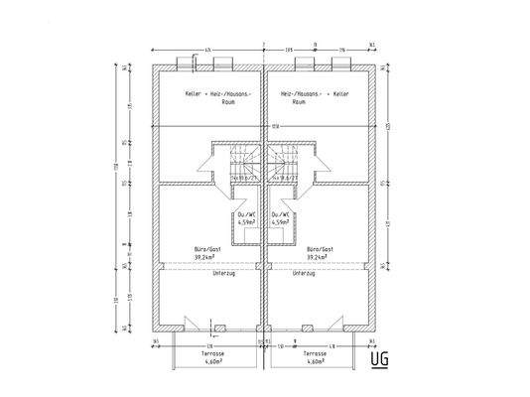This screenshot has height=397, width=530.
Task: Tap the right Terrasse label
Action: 315,355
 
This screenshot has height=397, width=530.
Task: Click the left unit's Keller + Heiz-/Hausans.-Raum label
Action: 218,97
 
